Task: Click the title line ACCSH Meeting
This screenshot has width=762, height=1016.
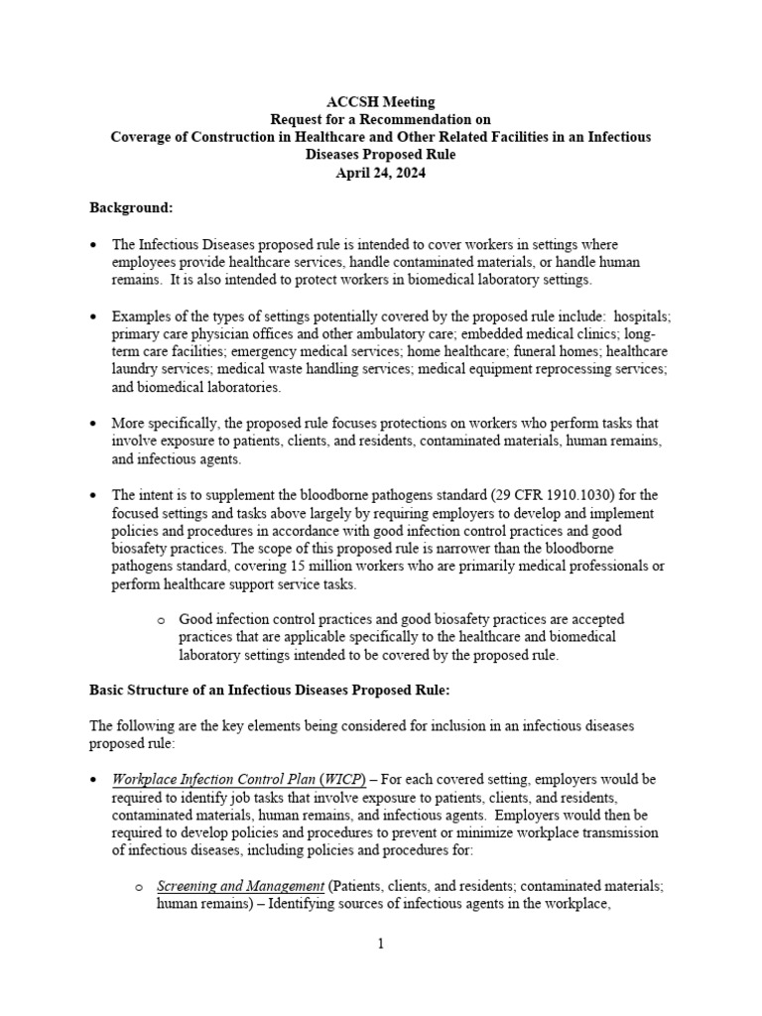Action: (381, 101)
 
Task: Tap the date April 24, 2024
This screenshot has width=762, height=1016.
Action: (381, 172)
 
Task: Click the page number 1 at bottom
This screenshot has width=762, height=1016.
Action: (380, 944)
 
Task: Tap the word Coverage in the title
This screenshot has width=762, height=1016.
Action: (142, 137)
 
